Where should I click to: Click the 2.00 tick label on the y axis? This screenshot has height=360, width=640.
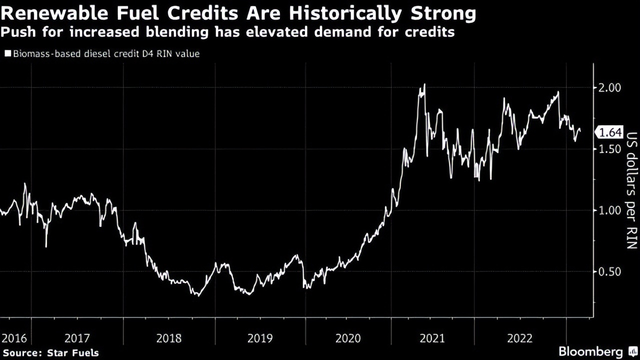click(609, 87)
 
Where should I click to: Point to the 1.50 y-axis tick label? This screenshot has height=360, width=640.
click(609, 149)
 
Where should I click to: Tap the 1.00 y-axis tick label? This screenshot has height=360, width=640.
click(609, 210)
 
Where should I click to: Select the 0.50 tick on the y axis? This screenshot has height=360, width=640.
click(609, 271)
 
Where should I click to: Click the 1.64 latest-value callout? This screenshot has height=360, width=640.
click(609, 132)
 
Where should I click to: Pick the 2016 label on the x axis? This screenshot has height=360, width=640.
click(14, 338)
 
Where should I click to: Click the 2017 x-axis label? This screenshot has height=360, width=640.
click(77, 338)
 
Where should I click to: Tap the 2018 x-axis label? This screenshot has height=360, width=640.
click(169, 338)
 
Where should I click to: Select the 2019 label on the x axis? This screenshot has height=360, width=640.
click(260, 338)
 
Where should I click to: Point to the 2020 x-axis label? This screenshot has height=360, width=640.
click(348, 338)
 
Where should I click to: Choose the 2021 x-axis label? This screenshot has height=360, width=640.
click(433, 338)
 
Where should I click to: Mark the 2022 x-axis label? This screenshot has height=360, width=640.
click(520, 338)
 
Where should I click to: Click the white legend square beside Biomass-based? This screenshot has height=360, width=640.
click(7, 53)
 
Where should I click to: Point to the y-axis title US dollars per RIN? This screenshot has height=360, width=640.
click(631, 190)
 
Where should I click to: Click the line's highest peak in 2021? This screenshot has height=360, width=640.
click(424, 84)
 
